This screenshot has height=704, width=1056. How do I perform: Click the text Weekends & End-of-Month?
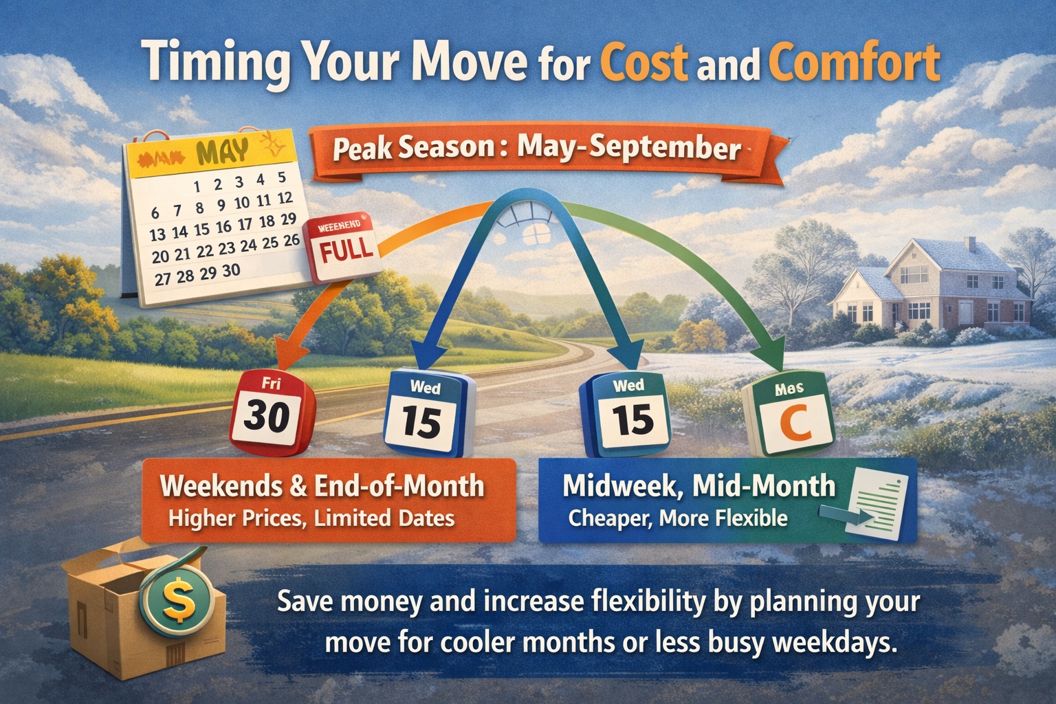click(322, 486)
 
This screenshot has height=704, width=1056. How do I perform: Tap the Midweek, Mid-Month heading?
click(698, 485)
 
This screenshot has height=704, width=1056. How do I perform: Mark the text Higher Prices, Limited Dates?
click(311, 518)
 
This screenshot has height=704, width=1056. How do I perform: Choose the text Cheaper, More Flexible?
click(677, 518)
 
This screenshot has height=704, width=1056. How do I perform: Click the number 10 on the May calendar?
click(241, 203)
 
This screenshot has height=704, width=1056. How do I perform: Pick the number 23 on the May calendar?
click(226, 248)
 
